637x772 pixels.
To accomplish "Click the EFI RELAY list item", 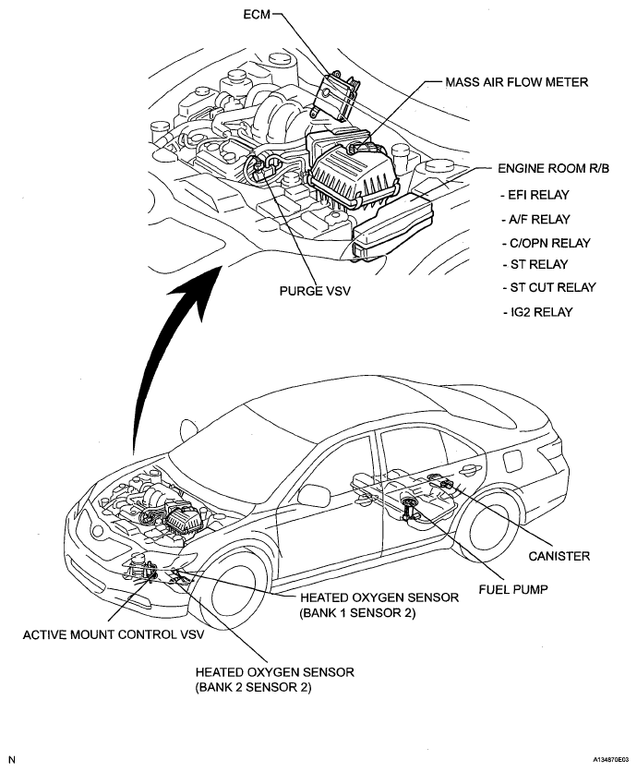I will (534, 195).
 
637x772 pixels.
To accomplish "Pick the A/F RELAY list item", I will (534, 219).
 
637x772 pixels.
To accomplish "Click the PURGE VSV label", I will (315, 289).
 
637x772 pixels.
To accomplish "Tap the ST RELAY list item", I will (530, 265).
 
